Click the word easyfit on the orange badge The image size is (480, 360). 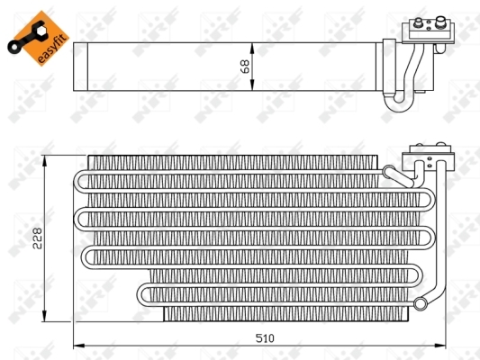click(x=50, y=42)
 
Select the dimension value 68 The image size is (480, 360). click(x=245, y=66)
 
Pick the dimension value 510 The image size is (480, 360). click(x=264, y=338)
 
